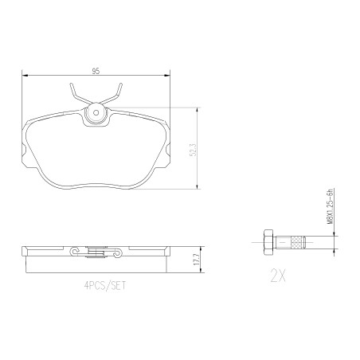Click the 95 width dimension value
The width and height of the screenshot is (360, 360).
(x=96, y=71)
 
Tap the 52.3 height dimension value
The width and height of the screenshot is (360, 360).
(x=194, y=150)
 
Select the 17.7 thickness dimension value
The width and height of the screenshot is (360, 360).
(x=197, y=260)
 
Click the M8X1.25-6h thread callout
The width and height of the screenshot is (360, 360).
(x=330, y=207)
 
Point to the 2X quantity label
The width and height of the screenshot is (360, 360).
(x=278, y=276)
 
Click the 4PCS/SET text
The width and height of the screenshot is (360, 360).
(x=105, y=286)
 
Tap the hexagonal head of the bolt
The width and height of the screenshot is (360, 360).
(x=268, y=242)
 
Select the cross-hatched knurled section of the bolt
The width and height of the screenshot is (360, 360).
(x=297, y=242)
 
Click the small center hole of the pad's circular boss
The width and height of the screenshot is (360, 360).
(x=96, y=113)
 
